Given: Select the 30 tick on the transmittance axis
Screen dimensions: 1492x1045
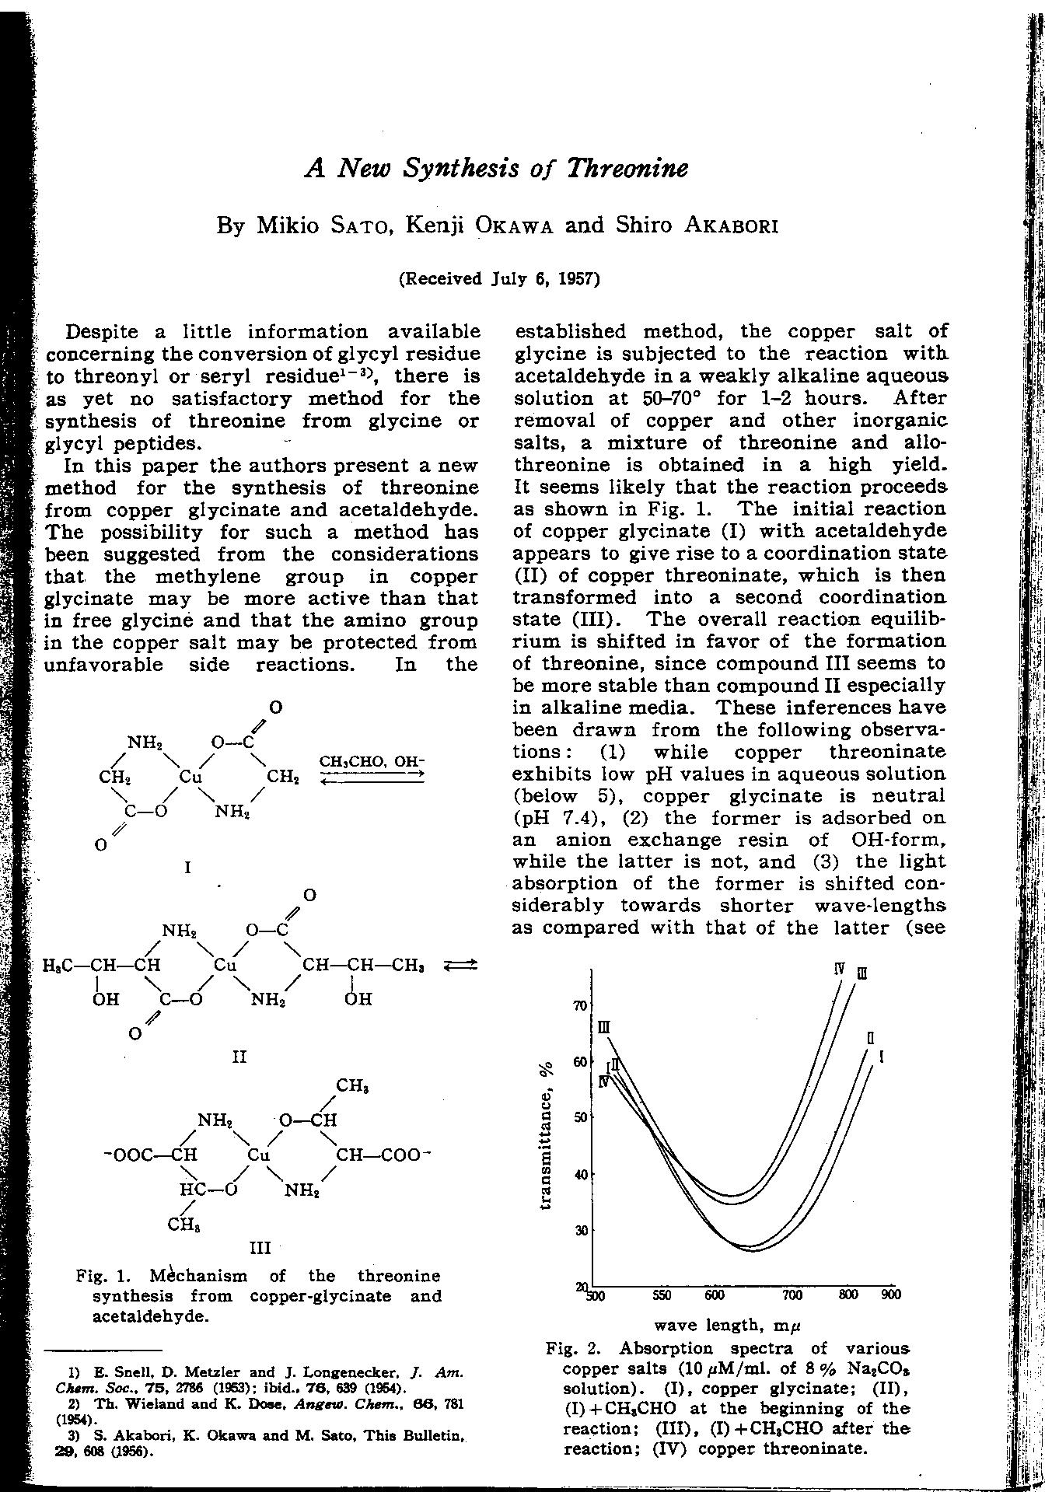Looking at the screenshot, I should (x=579, y=1230).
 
